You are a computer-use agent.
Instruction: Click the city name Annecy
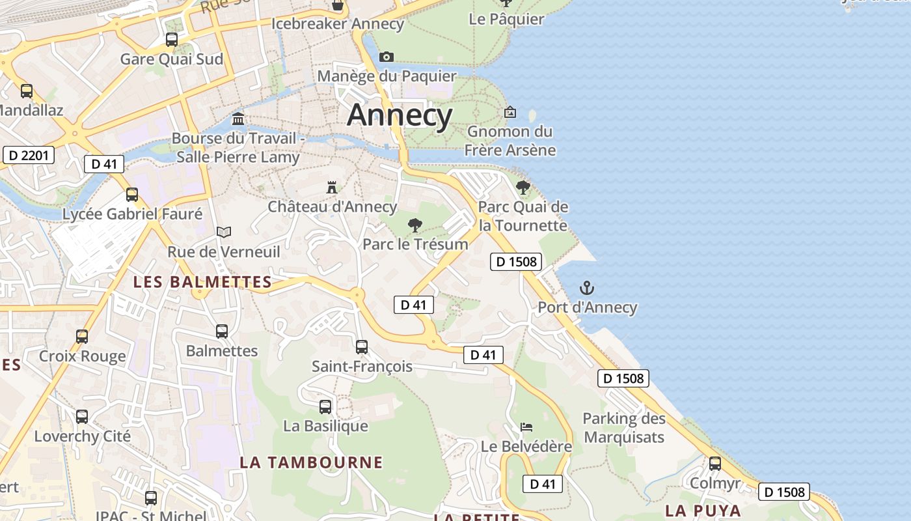coord(400,115)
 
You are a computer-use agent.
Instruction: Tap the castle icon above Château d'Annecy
coord(332,188)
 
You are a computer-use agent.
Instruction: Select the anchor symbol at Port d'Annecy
coord(587,288)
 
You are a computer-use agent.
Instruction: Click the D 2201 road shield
coord(29,155)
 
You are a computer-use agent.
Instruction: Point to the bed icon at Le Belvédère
coord(526,427)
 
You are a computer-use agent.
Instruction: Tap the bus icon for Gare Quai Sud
coord(172,40)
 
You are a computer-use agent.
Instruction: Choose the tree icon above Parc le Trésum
coord(415,225)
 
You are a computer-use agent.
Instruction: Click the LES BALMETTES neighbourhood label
coord(202,282)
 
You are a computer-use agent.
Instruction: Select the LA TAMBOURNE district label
coord(311,462)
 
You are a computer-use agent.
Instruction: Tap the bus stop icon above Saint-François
coord(362,347)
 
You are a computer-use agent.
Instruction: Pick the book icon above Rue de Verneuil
coord(224,232)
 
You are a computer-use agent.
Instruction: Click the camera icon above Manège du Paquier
coord(387,57)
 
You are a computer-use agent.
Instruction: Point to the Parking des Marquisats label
coord(624,427)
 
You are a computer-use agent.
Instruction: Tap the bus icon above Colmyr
coord(715,464)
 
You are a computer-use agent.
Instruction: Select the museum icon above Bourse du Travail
coord(238,119)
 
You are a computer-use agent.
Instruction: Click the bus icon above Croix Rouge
coord(82,337)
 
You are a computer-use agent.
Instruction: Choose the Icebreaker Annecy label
coord(338,24)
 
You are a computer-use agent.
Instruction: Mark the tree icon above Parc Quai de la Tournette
coord(523,188)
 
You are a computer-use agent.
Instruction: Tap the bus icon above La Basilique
coord(325,407)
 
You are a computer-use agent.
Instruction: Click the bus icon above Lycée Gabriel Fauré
coord(132,195)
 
